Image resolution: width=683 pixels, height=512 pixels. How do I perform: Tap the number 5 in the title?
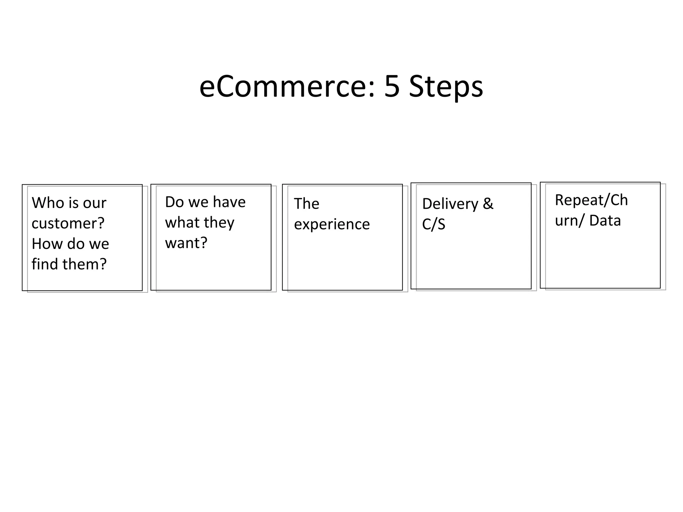(x=392, y=87)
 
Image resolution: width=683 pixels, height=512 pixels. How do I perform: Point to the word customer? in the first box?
(x=68, y=223)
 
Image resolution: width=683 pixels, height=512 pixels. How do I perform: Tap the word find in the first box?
(x=45, y=264)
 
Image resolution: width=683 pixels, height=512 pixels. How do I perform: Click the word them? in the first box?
(x=84, y=264)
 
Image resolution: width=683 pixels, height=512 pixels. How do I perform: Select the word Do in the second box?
(x=174, y=202)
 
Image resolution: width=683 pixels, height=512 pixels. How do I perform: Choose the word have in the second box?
(x=229, y=202)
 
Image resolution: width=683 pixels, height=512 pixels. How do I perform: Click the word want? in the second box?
(x=186, y=243)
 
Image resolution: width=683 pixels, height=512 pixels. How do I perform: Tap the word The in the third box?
(x=306, y=204)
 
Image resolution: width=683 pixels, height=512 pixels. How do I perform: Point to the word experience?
(x=332, y=224)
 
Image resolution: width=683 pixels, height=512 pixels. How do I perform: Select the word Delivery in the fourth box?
(x=450, y=204)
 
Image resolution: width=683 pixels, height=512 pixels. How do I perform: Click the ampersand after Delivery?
(x=488, y=204)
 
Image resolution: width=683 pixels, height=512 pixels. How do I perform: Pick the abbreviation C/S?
(x=434, y=224)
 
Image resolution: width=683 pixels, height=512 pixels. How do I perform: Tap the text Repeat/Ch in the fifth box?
(x=591, y=200)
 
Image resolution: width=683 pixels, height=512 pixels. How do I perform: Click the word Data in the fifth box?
(x=605, y=221)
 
